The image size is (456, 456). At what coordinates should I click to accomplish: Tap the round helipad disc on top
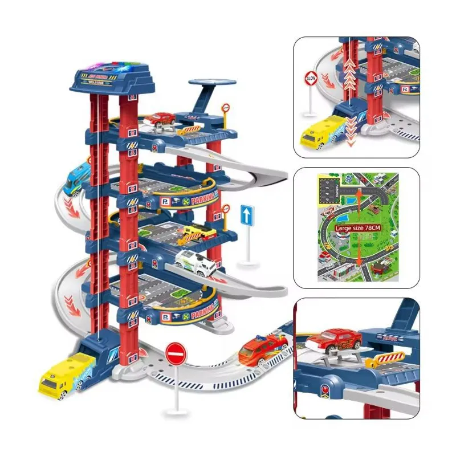[x=211, y=83]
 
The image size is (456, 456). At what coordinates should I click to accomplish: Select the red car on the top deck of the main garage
[x=160, y=119]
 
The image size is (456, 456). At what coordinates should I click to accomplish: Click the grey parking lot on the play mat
[x=329, y=188]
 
